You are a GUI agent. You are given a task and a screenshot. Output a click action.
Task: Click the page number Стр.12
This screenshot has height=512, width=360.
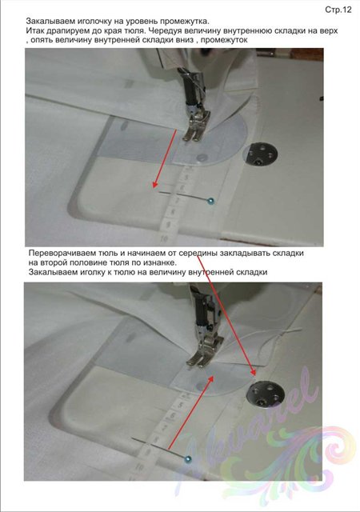(x=338, y=10)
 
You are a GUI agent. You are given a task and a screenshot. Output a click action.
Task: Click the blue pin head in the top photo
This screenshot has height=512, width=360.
(x=211, y=201)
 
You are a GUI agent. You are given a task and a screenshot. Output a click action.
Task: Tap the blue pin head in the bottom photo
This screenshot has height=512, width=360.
(x=187, y=459)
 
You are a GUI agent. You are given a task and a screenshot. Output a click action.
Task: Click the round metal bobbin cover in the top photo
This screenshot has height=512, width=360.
(x=260, y=154)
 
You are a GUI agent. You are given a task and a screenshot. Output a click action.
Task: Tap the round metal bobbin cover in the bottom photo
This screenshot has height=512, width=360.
(x=266, y=395)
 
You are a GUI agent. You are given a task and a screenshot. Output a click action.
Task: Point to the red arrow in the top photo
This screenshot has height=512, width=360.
(x=165, y=158)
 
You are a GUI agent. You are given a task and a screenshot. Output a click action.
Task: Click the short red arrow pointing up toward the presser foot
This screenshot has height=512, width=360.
(x=190, y=413)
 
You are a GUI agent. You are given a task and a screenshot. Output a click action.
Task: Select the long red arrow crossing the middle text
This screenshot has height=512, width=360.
(x=226, y=316)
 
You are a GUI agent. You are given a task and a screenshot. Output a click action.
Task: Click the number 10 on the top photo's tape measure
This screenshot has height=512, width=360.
(x=164, y=239)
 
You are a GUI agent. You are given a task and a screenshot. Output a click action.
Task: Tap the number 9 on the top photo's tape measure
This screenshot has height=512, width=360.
(x=169, y=225)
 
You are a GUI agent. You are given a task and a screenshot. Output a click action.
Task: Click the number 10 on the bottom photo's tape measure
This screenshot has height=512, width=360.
(x=140, y=467)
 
